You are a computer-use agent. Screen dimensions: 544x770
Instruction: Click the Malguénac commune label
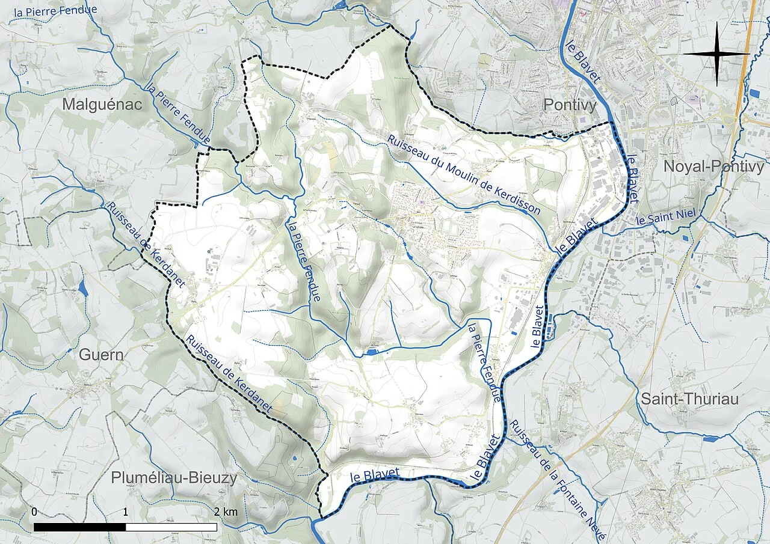102,105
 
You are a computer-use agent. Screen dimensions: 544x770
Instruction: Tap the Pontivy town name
570,105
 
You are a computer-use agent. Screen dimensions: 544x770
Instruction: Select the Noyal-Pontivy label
713,167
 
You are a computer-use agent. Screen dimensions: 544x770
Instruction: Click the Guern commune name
101,355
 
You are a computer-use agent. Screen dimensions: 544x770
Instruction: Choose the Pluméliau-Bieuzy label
174,478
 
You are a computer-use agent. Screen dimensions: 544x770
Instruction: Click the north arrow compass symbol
716,54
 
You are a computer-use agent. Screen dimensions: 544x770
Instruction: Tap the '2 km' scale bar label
226,512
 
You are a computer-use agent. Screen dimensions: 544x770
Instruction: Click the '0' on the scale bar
34,512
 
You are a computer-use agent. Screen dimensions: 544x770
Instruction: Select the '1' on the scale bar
125,512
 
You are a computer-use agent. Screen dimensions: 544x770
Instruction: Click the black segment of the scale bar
79,527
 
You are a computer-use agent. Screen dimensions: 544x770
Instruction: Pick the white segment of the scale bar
171,527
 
